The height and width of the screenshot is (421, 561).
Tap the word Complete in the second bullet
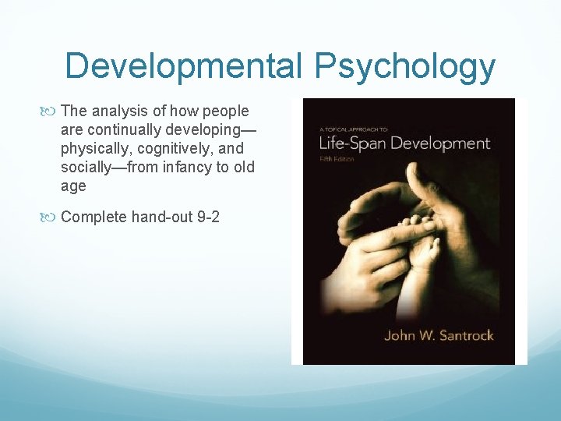pos(93,217)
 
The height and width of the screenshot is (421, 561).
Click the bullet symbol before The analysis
pos(52,111)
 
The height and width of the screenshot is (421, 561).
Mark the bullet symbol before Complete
pos(52,218)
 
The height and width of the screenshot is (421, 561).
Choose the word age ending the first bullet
pos(72,186)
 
